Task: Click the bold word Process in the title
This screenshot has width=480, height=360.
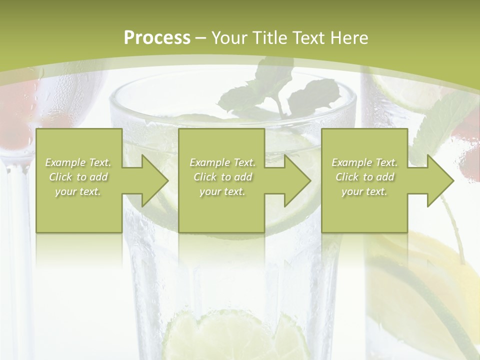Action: [x=157, y=38]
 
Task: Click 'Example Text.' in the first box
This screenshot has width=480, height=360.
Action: [x=78, y=162]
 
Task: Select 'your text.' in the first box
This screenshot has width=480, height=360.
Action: [x=78, y=191]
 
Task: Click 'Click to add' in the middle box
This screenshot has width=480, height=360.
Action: [x=222, y=177]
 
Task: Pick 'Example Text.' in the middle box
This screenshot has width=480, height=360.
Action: [x=222, y=162]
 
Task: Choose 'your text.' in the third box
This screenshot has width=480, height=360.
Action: [x=364, y=191]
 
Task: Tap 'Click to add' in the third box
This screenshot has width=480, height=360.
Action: [x=364, y=177]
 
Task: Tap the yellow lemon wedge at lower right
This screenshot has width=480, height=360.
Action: [x=440, y=270]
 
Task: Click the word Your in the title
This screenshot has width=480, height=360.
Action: [x=229, y=38]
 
